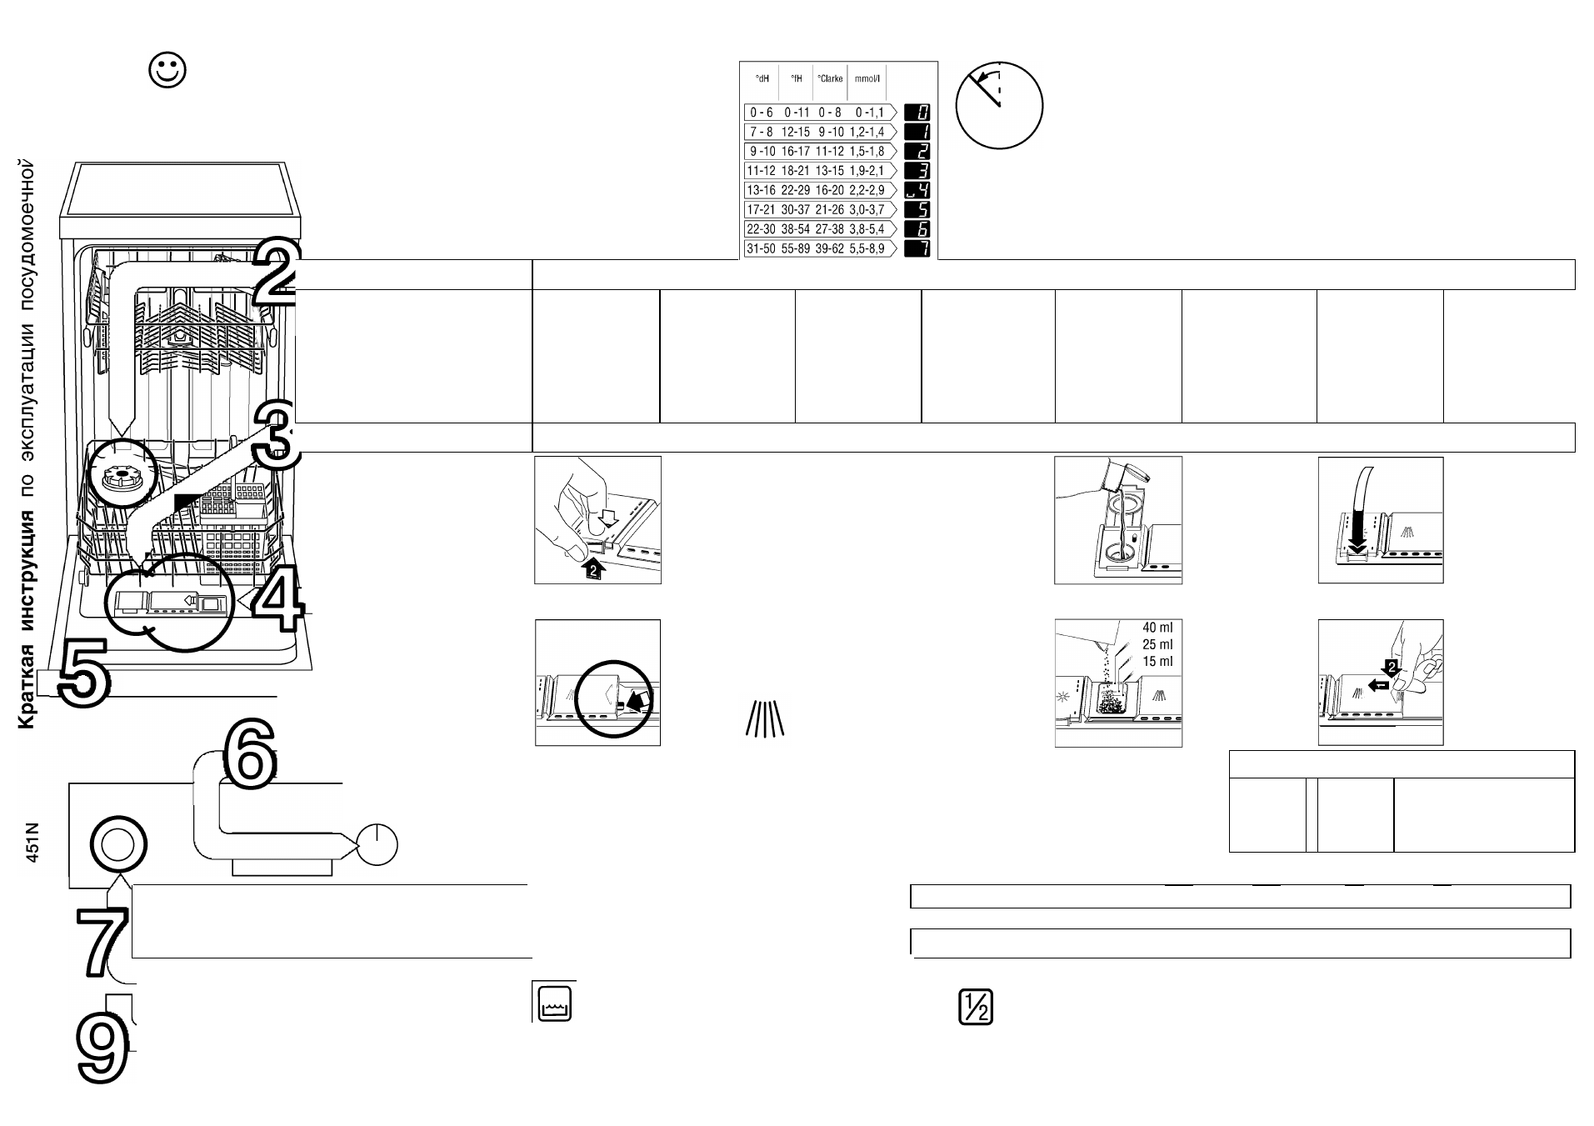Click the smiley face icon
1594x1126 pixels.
click(167, 71)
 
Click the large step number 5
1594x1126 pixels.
click(82, 673)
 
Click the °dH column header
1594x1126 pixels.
click(762, 79)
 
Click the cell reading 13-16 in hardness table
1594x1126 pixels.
click(762, 190)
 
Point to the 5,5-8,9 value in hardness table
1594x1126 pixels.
click(867, 248)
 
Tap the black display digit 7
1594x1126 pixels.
click(917, 248)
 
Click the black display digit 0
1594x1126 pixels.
click(917, 112)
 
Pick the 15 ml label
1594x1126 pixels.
click(1157, 662)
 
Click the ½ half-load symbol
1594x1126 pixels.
click(976, 1008)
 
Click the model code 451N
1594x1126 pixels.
click(32, 842)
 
